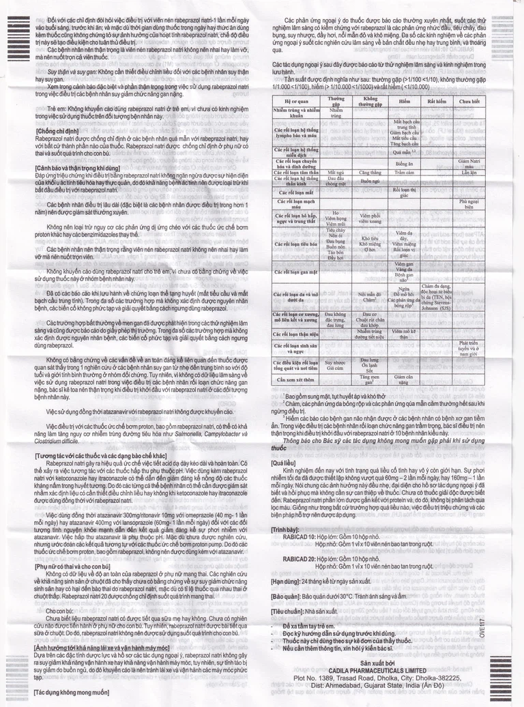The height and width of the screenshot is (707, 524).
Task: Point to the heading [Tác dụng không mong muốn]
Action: (x=66, y=692)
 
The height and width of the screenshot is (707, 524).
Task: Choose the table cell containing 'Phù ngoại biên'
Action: (x=470, y=205)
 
